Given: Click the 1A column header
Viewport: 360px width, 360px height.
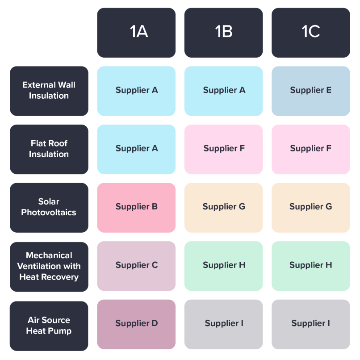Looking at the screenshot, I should tap(136, 33).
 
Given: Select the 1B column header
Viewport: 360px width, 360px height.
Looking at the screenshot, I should tap(223, 33).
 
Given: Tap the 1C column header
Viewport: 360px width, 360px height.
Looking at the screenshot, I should tap(310, 33).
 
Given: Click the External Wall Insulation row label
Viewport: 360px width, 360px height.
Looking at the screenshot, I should tap(49, 91).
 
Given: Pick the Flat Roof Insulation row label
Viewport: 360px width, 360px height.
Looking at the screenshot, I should tap(49, 149).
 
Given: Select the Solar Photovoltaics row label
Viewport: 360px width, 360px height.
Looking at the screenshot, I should tap(49, 207).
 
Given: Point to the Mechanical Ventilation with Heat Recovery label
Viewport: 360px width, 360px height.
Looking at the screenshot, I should tap(49, 266).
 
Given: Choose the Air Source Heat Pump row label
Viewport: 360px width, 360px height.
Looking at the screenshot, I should tap(49, 326).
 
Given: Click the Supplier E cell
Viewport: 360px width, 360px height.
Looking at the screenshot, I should tap(310, 91).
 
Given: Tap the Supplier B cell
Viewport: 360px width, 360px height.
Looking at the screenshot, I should tap(136, 207).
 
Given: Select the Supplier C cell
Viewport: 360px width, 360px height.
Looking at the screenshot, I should tap(136, 266).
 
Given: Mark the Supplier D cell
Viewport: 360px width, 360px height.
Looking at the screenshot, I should tap(136, 324).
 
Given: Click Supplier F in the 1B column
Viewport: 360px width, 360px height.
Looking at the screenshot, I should tap(223, 149).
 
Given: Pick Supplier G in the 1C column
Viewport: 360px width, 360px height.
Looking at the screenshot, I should tap(310, 207).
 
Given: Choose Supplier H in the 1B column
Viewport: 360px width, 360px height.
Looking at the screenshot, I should tap(223, 266).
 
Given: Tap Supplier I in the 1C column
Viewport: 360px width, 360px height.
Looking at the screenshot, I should tap(310, 324).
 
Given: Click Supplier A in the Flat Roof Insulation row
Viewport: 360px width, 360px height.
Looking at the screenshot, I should tap(136, 149).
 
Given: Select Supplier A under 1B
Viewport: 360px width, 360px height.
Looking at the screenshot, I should tap(223, 91).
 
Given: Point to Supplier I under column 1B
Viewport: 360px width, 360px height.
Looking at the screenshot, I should tap(223, 324).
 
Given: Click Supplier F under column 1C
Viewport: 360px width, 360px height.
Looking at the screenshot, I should tap(310, 149).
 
